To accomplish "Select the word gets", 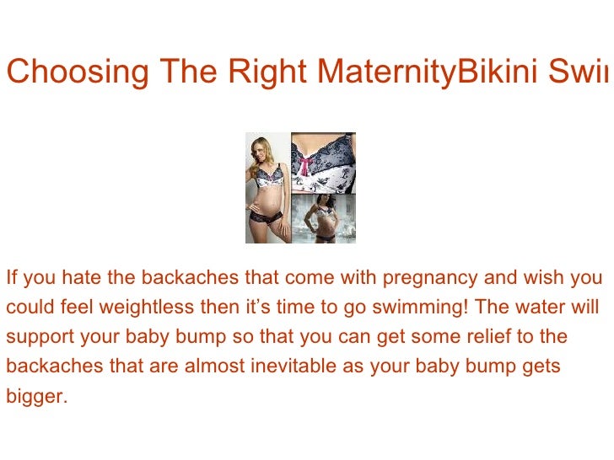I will (541, 367).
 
